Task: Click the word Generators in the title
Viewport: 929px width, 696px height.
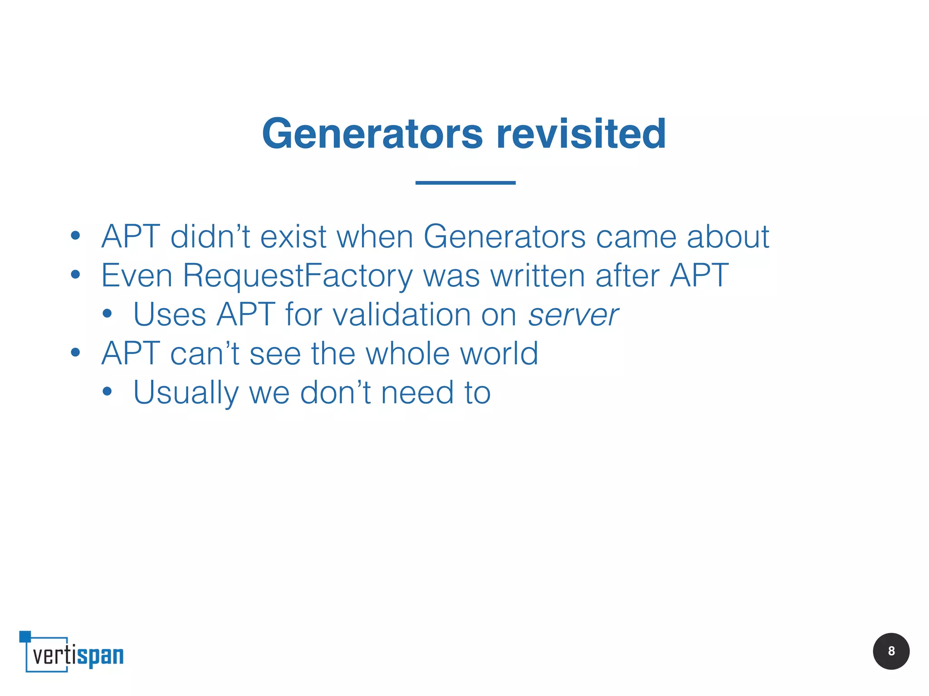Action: click(x=372, y=134)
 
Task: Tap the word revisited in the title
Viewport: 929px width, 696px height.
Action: click(x=581, y=134)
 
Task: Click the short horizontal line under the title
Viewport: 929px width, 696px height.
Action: click(x=465, y=183)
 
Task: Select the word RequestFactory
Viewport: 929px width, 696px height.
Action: click(x=297, y=276)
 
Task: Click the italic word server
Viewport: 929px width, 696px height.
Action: click(x=573, y=315)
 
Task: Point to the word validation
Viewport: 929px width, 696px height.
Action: click(x=402, y=315)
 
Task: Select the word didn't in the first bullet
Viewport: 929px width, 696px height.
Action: click(x=210, y=237)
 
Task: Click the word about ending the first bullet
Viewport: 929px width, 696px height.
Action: click(x=728, y=237)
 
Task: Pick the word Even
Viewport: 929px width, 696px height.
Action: click(x=137, y=276)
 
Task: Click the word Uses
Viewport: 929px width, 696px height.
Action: click(x=170, y=315)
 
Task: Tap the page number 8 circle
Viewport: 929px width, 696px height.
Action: click(x=891, y=651)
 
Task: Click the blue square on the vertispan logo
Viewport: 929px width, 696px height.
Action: click(x=25, y=636)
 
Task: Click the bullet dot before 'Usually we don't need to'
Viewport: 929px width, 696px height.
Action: click(x=107, y=392)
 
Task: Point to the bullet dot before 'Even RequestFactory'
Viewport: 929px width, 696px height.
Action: click(x=75, y=275)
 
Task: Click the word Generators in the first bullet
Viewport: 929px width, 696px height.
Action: click(x=504, y=237)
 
